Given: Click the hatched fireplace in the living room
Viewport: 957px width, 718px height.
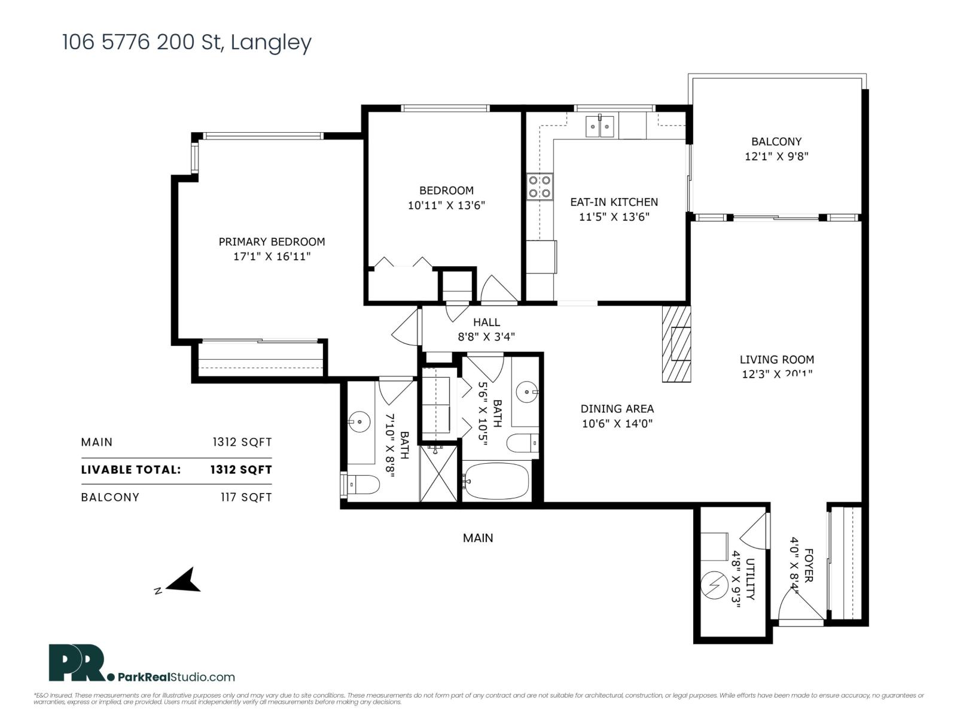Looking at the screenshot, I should [676, 344].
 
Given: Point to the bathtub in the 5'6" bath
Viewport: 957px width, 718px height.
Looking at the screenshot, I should [496, 481].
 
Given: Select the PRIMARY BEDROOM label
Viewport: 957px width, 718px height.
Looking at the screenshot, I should [272, 242].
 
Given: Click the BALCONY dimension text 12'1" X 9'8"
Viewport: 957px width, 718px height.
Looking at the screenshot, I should [776, 157].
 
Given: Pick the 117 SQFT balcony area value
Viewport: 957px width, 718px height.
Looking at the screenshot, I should [246, 497].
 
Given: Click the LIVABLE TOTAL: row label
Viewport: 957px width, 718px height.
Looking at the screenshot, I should [130, 470].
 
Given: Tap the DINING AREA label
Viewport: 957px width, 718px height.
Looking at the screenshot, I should [617, 409].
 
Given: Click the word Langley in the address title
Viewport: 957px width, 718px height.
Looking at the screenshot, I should [271, 42].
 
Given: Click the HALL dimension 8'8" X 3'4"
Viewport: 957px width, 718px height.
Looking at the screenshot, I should [486, 337].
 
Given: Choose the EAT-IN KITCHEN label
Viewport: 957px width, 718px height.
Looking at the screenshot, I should [614, 202].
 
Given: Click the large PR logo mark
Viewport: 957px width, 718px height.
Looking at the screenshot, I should [77, 662].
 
